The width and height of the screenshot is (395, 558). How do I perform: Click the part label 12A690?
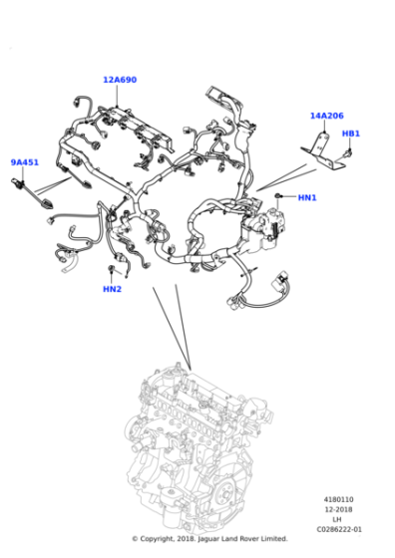120,80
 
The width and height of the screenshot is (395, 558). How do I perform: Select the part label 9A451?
25,162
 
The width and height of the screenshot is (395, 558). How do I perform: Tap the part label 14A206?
326,116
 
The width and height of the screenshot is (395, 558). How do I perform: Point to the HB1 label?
351,134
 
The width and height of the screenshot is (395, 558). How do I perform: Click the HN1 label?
307,197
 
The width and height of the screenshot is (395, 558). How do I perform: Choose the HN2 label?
112,289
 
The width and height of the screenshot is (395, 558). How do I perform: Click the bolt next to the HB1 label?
348,153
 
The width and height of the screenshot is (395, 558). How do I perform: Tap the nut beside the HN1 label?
278,195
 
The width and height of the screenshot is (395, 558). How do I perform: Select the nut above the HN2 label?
111,268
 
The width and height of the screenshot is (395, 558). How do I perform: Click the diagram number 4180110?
339,499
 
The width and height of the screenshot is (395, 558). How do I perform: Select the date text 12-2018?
338,509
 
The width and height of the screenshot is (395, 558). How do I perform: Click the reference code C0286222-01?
339,529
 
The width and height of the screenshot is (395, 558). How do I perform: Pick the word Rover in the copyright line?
249,539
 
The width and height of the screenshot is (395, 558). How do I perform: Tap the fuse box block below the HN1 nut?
263,228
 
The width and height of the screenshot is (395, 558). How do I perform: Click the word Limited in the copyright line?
273,539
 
